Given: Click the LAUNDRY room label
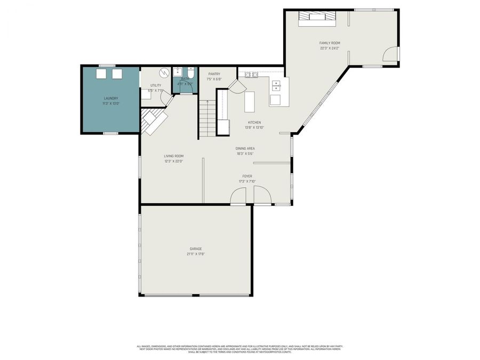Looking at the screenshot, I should click(x=110, y=98).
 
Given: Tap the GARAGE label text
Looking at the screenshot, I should click(x=196, y=249).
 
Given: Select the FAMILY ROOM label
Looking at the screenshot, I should click(x=330, y=43).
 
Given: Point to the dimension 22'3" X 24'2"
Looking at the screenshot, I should click(x=330, y=48).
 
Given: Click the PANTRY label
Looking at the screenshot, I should click(x=214, y=74).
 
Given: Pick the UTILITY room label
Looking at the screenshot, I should click(x=155, y=85).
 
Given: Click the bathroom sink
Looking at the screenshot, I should click(x=178, y=72).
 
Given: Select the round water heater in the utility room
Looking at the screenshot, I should click(x=165, y=72).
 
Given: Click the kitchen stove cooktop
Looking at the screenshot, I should click(x=251, y=75).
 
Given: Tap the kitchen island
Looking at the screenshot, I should click(x=250, y=101).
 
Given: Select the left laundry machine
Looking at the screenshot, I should click(x=100, y=74).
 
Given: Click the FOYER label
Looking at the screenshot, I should click(x=247, y=176).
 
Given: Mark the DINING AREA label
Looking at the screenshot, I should click(x=245, y=148).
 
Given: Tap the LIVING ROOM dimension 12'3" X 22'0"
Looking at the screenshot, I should click(x=173, y=161).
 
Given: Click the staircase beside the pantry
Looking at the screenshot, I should click(x=207, y=118).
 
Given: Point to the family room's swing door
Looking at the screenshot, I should click(x=392, y=54).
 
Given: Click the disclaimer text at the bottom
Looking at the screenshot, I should click(x=240, y=348).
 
